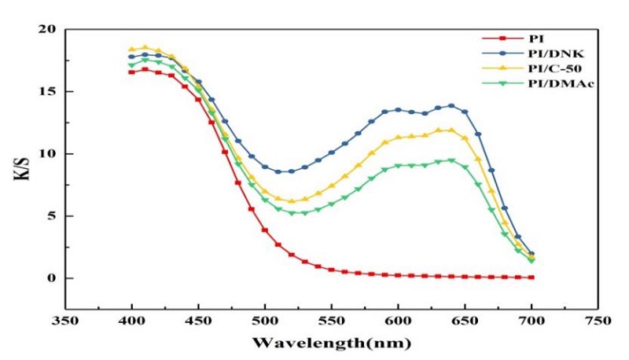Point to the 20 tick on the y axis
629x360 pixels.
click(50, 30)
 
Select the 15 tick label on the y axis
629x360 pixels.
click(50, 91)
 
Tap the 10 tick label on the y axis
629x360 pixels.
click(50, 153)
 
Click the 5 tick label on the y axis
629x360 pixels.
click(54, 215)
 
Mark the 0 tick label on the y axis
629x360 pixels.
click(54, 277)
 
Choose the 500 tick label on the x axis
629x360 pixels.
click(265, 321)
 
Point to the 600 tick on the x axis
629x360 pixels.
click(398, 321)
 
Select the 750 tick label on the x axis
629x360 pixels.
click(598, 321)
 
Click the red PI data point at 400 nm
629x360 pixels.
click(131, 72)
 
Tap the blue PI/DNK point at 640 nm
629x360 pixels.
click(451, 105)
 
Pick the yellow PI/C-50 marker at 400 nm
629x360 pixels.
click(131, 50)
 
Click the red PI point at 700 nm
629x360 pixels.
click(532, 277)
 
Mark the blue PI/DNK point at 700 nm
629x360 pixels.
click(532, 254)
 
